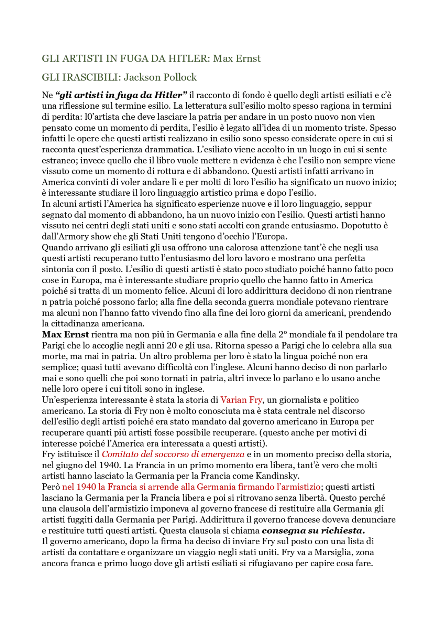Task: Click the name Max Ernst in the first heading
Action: pos(236,58)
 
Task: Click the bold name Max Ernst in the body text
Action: pos(65,334)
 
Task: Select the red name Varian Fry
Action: pos(241,400)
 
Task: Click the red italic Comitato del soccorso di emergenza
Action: pos(173,454)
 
